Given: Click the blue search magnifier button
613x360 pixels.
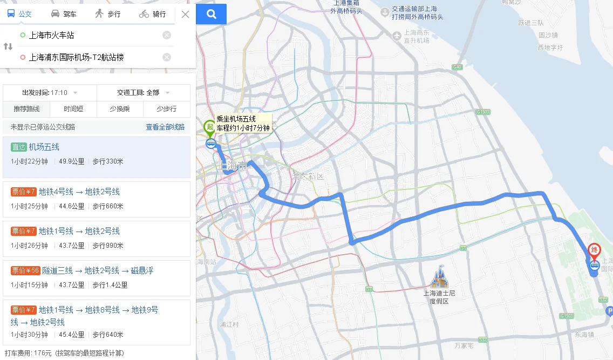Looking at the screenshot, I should [x=211, y=14].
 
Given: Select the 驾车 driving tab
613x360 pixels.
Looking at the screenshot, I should [x=64, y=14].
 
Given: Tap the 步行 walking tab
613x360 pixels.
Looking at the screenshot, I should [x=107, y=14].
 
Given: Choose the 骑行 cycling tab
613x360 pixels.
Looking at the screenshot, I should [x=152, y=14].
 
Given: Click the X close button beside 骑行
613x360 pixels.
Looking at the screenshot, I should [x=185, y=15].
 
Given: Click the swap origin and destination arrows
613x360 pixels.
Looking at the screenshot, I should [x=8, y=46].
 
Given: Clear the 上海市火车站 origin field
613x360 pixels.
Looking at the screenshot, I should [x=167, y=36].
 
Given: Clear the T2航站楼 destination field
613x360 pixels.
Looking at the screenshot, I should [x=167, y=57].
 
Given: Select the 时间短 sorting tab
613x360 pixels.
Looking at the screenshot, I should [x=73, y=109].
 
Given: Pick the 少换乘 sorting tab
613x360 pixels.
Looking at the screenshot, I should [x=120, y=109].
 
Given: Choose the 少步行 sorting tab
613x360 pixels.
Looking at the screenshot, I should [x=166, y=109].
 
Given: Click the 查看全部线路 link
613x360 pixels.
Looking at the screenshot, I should [x=165, y=127].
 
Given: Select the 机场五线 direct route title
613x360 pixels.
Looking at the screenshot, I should [x=44, y=147].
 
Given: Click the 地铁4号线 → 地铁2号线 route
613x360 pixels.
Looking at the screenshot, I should [x=79, y=192].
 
